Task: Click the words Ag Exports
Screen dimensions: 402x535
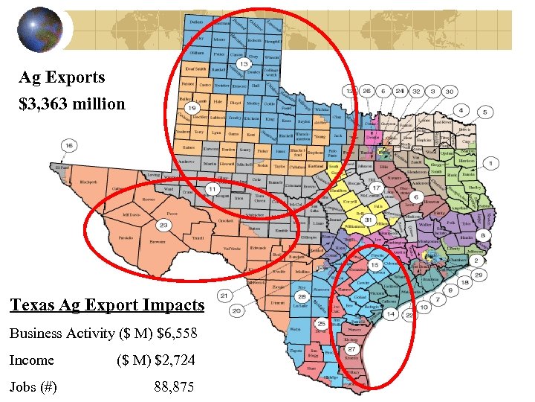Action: click(62, 77)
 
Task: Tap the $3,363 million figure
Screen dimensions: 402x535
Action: click(72, 103)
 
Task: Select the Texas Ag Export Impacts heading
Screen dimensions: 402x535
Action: click(107, 304)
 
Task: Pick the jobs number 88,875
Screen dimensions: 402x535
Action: click(174, 387)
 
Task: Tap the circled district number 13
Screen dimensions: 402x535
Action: click(243, 65)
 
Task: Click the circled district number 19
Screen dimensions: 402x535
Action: click(191, 108)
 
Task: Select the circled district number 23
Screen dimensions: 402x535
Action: click(163, 225)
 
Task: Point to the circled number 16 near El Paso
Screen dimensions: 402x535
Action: click(69, 146)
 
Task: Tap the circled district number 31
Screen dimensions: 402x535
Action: click(368, 220)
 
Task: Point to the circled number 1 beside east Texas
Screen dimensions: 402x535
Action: click(490, 162)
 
